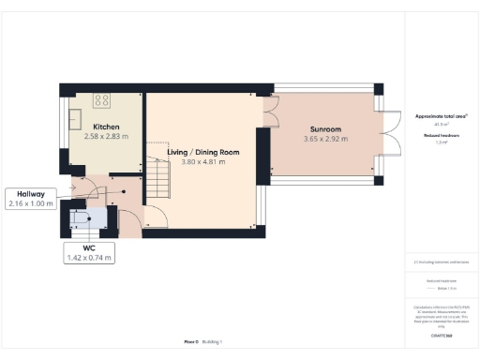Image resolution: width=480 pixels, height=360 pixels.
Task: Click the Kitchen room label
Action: tap(104, 126)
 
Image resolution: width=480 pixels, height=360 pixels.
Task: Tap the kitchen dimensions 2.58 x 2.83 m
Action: tap(104, 136)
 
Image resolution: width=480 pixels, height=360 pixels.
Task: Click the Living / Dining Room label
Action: tap(203, 152)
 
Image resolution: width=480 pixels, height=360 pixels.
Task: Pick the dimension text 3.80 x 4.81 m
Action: tap(203, 161)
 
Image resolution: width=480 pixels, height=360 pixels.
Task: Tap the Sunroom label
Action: tap(326, 129)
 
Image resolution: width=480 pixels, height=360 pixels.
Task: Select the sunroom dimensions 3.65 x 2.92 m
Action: tap(326, 140)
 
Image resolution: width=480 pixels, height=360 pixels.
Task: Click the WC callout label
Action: tap(89, 247)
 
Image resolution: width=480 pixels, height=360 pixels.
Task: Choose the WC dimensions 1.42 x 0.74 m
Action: tap(89, 257)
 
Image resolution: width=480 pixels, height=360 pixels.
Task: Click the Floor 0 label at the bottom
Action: tap(191, 342)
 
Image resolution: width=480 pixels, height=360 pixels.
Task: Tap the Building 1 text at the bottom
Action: tap(215, 342)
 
